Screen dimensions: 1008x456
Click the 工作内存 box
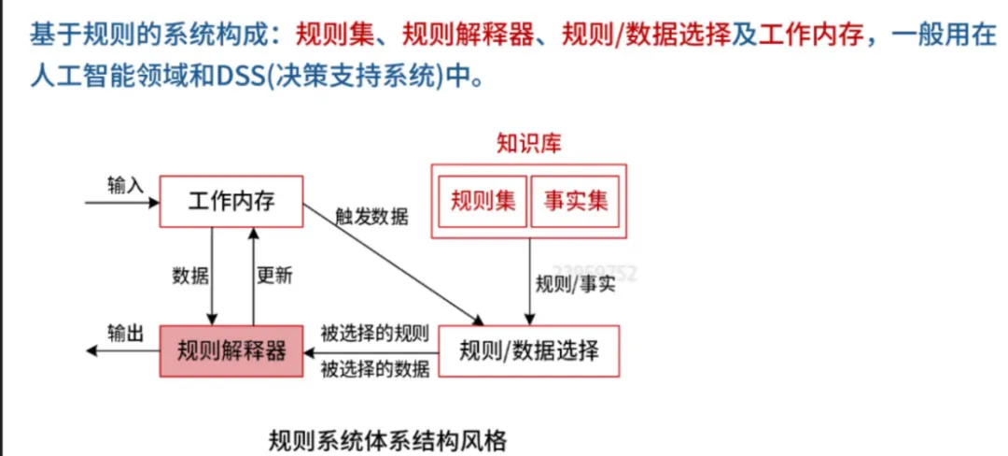coord(231,201)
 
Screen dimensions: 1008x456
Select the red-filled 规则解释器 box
coord(231,350)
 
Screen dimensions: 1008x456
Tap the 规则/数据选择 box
coord(529,350)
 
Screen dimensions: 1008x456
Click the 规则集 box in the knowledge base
coord(483,201)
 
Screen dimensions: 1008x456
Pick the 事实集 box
coord(575,201)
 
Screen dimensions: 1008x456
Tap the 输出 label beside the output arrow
coord(125,333)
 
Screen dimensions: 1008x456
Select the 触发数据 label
coord(371,217)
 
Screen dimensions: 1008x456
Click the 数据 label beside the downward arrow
coord(190,276)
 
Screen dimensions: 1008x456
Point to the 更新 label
coord(274,276)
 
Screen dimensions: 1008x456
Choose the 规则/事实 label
coord(575,284)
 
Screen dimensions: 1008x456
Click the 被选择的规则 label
coord(374,333)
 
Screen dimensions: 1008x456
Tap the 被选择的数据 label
coord(374,368)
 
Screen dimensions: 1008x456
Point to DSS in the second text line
coord(241,75)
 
